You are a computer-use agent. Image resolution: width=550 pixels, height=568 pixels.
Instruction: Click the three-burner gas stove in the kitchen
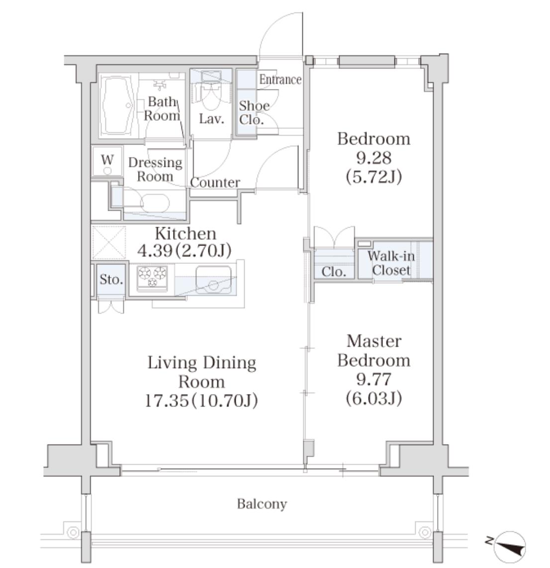pyautogui.click(x=152, y=277)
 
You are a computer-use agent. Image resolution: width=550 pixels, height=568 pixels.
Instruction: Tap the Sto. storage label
pyautogui.click(x=111, y=279)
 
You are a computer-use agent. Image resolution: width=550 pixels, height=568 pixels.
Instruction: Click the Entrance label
pyautogui.click(x=280, y=80)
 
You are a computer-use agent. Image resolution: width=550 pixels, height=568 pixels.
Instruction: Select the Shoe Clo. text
pyautogui.click(x=254, y=113)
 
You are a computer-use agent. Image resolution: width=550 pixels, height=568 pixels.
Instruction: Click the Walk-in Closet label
pyautogui.click(x=391, y=263)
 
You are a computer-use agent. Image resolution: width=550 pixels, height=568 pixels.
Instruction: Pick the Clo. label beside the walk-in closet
pyautogui.click(x=333, y=271)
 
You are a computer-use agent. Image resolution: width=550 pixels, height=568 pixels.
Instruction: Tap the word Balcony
pyautogui.click(x=262, y=504)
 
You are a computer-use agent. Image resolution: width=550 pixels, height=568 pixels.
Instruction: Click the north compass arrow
pyautogui.click(x=509, y=547)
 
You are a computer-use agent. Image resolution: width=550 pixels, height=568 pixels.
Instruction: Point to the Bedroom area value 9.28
pyautogui.click(x=374, y=158)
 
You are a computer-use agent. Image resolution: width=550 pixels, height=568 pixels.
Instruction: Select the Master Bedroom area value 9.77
pyautogui.click(x=374, y=379)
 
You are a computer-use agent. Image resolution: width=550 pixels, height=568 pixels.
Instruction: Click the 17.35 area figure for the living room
pyautogui.click(x=167, y=401)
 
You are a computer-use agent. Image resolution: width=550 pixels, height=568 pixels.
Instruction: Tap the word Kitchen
pyautogui.click(x=185, y=234)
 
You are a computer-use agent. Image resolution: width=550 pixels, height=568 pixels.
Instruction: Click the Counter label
pyautogui.click(x=215, y=182)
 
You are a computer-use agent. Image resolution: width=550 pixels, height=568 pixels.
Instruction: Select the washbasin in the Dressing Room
pyautogui.click(x=155, y=203)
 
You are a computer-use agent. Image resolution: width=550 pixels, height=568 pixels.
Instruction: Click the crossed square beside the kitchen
pyautogui.click(x=109, y=243)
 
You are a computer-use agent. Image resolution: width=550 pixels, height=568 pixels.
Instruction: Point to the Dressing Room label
pyautogui.click(x=155, y=169)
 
